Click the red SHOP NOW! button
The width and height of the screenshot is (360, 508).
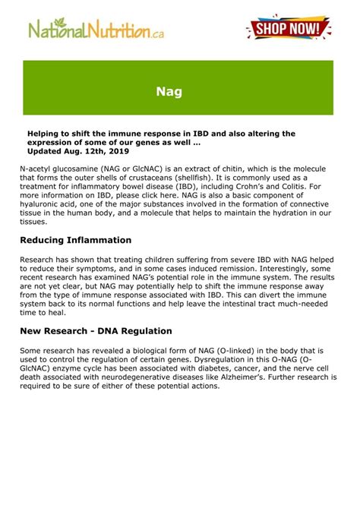289,29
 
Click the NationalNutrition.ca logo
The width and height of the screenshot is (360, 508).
96,30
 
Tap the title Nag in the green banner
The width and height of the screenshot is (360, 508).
169,93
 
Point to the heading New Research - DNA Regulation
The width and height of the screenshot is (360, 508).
96,331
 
